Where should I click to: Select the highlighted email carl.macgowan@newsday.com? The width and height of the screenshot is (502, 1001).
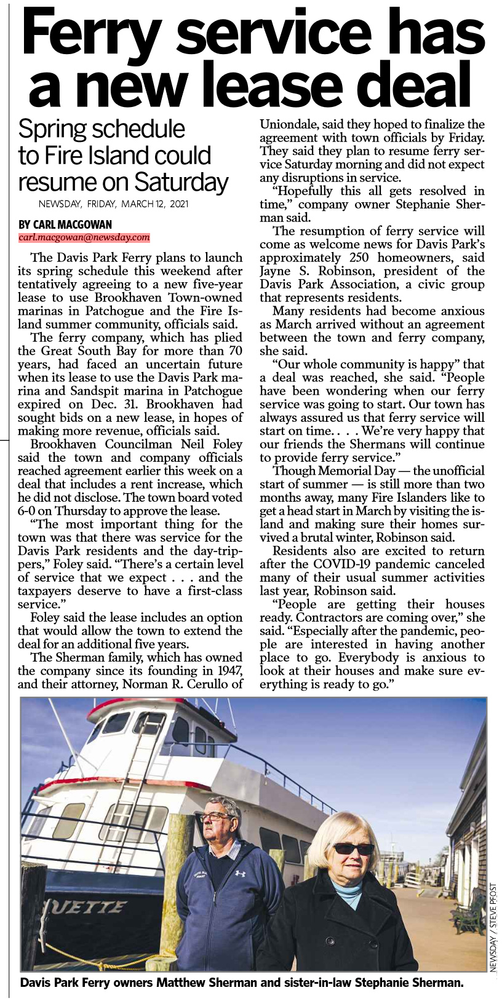(x=84, y=237)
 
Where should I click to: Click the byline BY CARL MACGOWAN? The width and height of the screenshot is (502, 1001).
(x=65, y=224)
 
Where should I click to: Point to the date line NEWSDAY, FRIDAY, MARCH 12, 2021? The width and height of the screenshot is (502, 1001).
(x=113, y=204)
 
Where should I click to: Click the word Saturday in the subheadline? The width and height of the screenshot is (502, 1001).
(x=181, y=182)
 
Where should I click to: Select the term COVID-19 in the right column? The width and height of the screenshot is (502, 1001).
(x=340, y=564)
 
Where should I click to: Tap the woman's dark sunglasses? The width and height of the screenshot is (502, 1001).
(x=353, y=849)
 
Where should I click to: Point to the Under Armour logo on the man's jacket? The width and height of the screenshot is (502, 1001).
(x=240, y=873)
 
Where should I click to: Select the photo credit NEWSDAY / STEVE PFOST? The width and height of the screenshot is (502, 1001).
(x=493, y=928)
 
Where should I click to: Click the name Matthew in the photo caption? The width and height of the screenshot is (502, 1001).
(x=182, y=983)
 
